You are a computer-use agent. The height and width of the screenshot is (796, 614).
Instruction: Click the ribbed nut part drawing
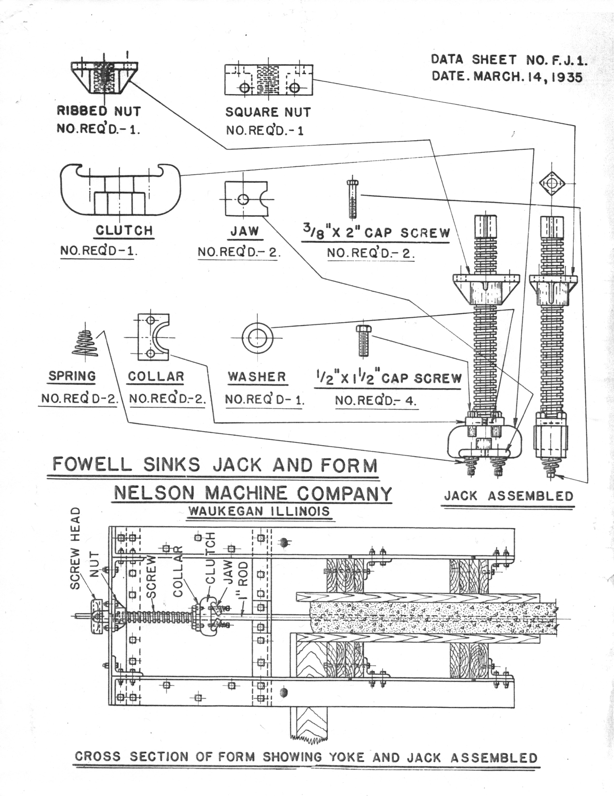coord(105,77)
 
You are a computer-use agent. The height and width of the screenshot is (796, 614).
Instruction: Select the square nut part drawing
coord(269,80)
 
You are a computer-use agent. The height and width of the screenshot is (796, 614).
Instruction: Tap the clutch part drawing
coord(120,190)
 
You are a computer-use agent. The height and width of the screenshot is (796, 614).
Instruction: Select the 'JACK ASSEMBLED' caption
coord(509,496)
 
